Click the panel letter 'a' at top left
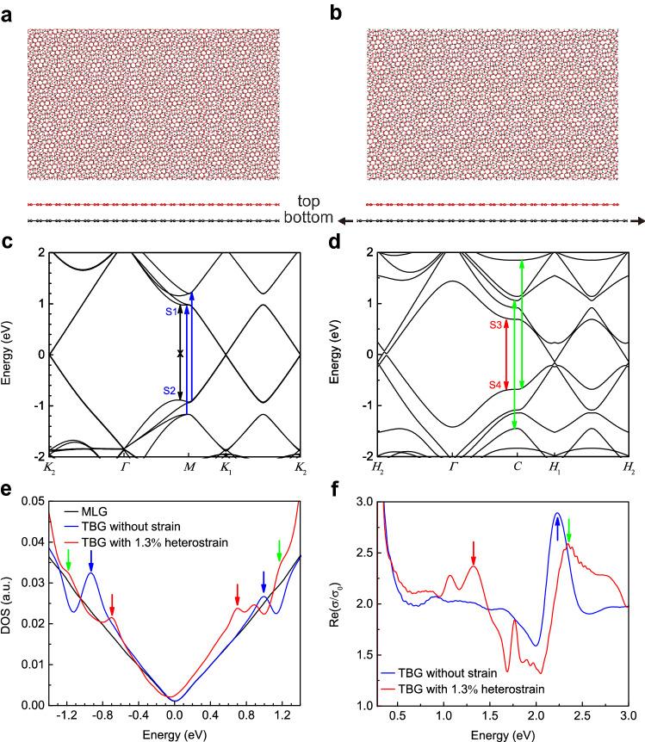[9, 14]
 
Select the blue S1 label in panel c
[171, 311]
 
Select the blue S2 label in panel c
[171, 391]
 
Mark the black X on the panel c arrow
[180, 353]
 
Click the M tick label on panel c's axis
[188, 467]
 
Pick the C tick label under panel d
[516, 467]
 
